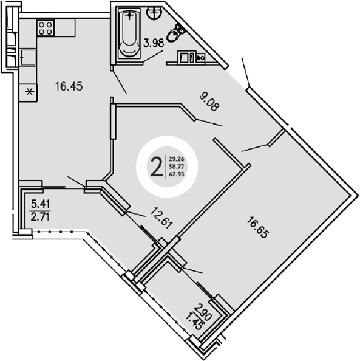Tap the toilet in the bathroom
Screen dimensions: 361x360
click(177, 32)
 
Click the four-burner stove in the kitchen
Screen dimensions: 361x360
click(46, 27)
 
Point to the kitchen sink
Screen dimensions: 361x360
click(27, 60)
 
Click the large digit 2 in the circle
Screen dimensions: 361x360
click(157, 165)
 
